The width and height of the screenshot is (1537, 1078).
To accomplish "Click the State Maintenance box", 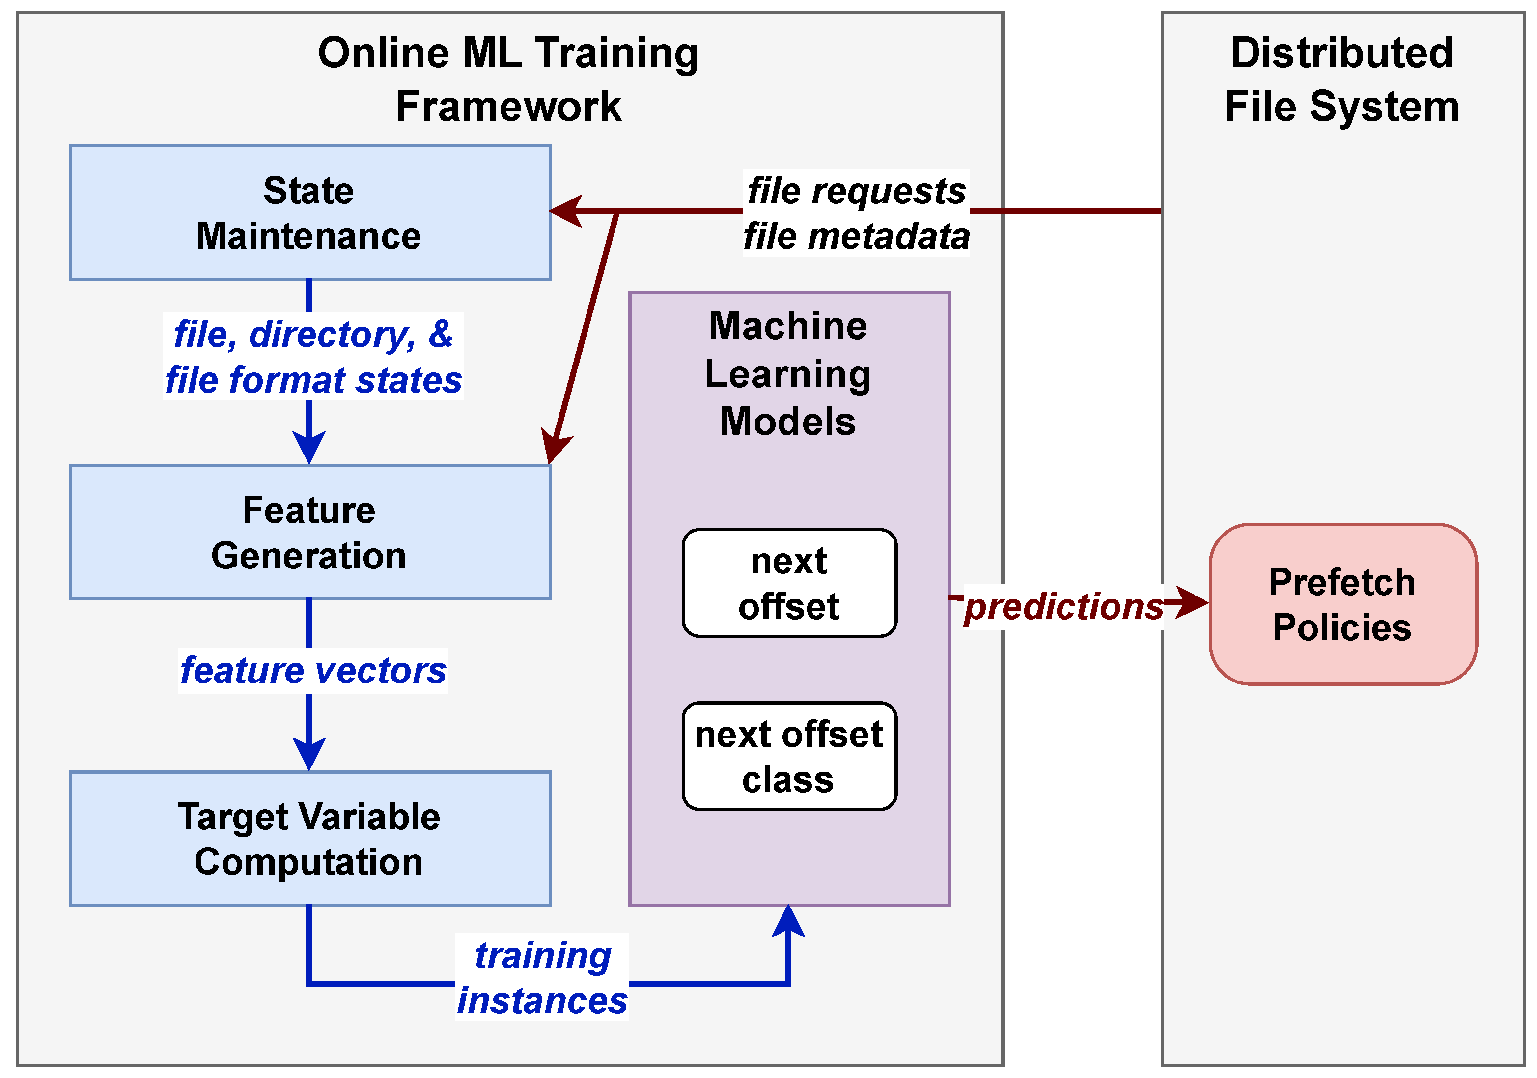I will click(x=310, y=212).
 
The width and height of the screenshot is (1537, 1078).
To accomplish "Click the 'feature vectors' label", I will click(x=312, y=670).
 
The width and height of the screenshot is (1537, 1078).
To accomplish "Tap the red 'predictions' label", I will click(x=1063, y=607).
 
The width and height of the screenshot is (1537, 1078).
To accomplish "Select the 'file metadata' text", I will click(x=856, y=236).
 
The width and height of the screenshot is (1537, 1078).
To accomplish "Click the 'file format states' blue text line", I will click(x=312, y=380).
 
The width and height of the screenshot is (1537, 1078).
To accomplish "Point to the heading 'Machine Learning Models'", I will click(x=788, y=373).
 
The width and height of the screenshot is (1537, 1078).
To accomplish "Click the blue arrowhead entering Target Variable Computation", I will click(x=309, y=753).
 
